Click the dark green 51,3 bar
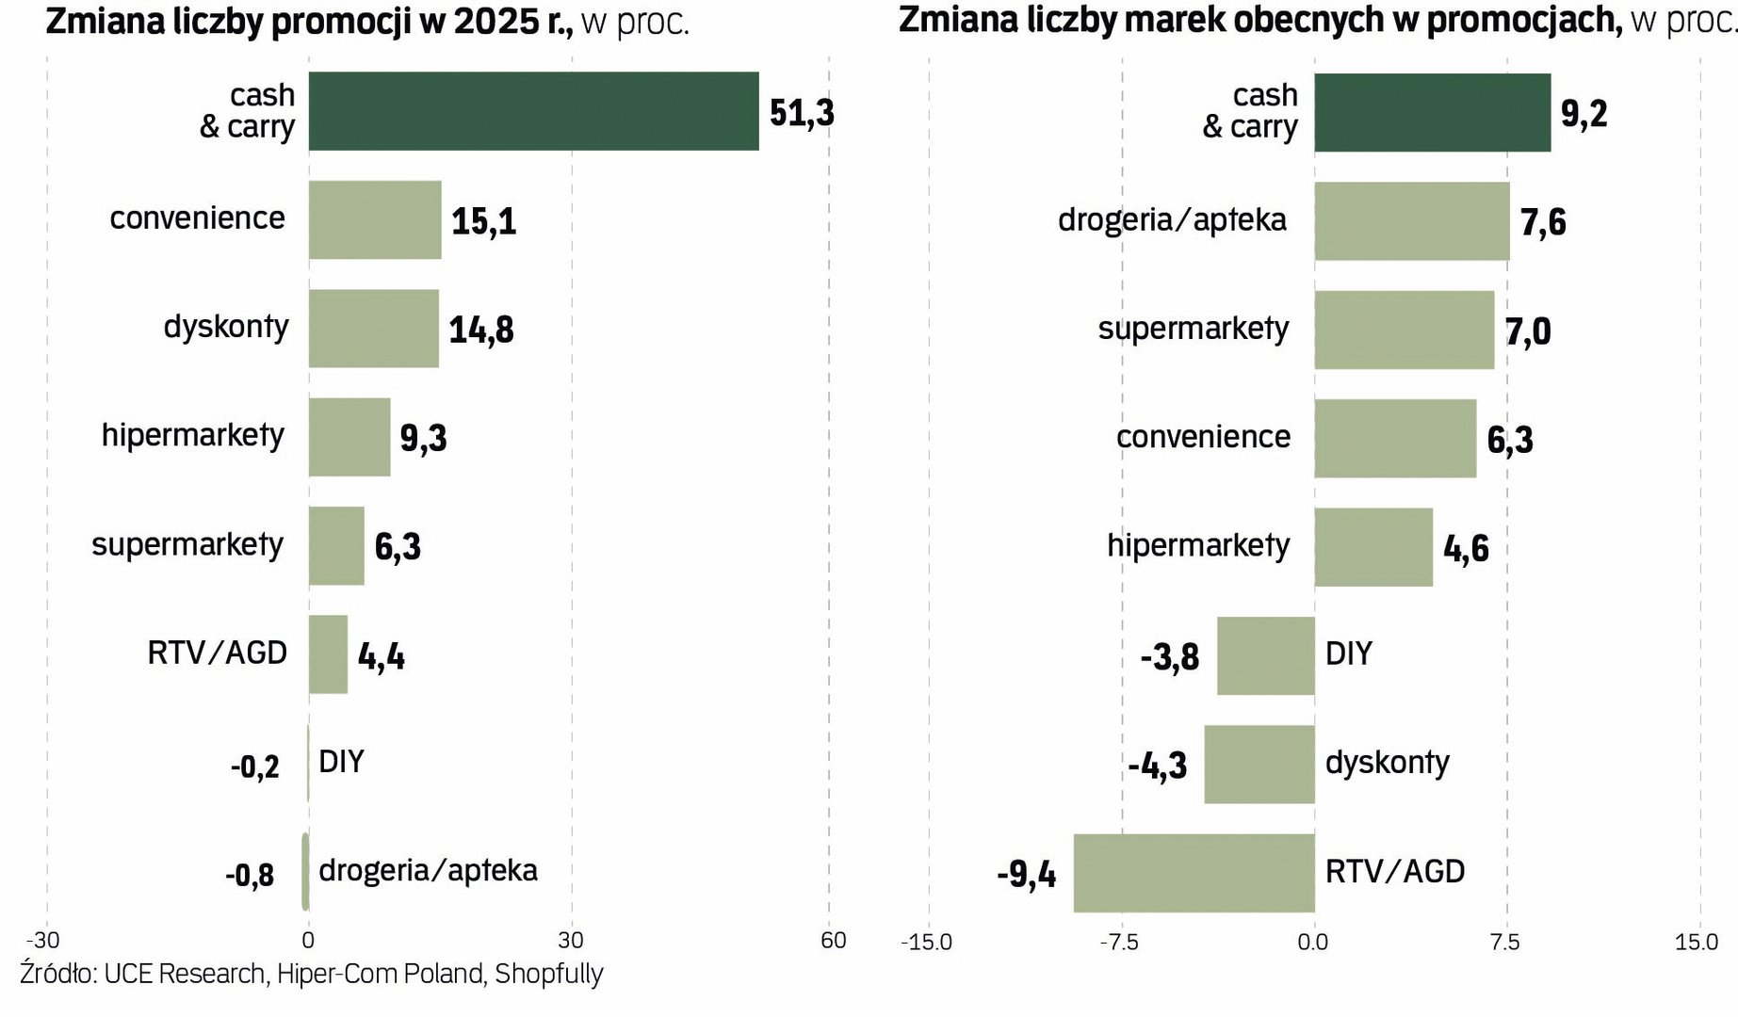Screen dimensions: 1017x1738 [x=533, y=111]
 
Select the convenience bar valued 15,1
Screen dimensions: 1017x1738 [x=375, y=219]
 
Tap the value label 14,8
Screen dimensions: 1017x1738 [x=481, y=330]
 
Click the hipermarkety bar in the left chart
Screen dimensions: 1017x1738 [x=349, y=437]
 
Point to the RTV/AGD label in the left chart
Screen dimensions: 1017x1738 [x=217, y=653]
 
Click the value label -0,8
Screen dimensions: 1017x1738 [x=250, y=876]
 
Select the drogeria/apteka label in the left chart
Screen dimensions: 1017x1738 [x=428, y=870]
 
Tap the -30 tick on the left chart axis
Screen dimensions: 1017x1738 [x=42, y=940]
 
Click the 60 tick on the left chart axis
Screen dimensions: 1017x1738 [x=833, y=940]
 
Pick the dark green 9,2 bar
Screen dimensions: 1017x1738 [x=1432, y=112]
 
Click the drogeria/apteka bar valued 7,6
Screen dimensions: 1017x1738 [x=1411, y=221]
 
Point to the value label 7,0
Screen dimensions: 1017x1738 [x=1528, y=331]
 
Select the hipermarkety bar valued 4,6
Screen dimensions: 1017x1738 [x=1373, y=547]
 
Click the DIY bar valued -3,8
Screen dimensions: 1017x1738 [x=1265, y=655]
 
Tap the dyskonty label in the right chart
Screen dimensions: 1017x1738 [x=1387, y=762]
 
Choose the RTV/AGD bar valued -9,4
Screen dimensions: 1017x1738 [x=1194, y=873]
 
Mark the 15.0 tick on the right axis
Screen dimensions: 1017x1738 [x=1696, y=942]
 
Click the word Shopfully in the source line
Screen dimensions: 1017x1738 [x=548, y=974]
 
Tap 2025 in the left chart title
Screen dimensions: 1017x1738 [x=496, y=21]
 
